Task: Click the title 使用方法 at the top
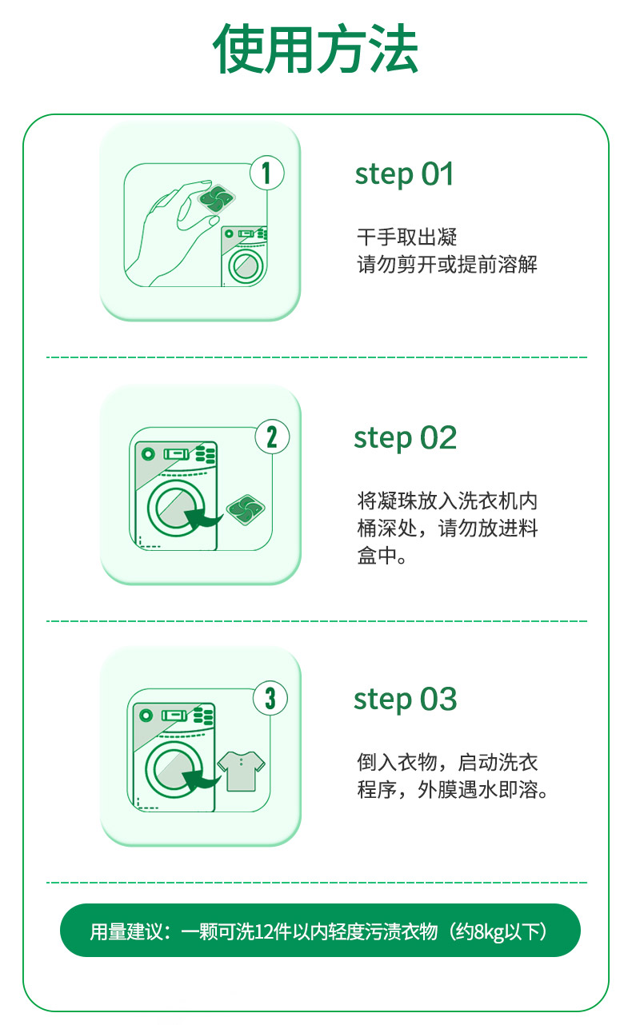tap(315, 49)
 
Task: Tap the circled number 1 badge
tap(267, 173)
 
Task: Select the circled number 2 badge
tap(272, 437)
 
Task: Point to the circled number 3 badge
tap(270, 698)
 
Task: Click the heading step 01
tap(404, 175)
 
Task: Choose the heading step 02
tap(406, 439)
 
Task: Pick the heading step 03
tap(406, 700)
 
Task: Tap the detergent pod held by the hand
tap(216, 199)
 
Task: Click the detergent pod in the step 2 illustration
tap(246, 510)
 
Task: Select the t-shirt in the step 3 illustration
tap(242, 771)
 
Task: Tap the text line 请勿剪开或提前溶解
tap(447, 265)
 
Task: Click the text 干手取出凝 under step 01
tap(406, 237)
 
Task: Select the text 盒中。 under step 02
tap(382, 556)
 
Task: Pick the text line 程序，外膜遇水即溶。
tap(453, 789)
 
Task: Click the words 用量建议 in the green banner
tap(126, 931)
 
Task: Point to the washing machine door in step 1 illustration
tap(246, 266)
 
